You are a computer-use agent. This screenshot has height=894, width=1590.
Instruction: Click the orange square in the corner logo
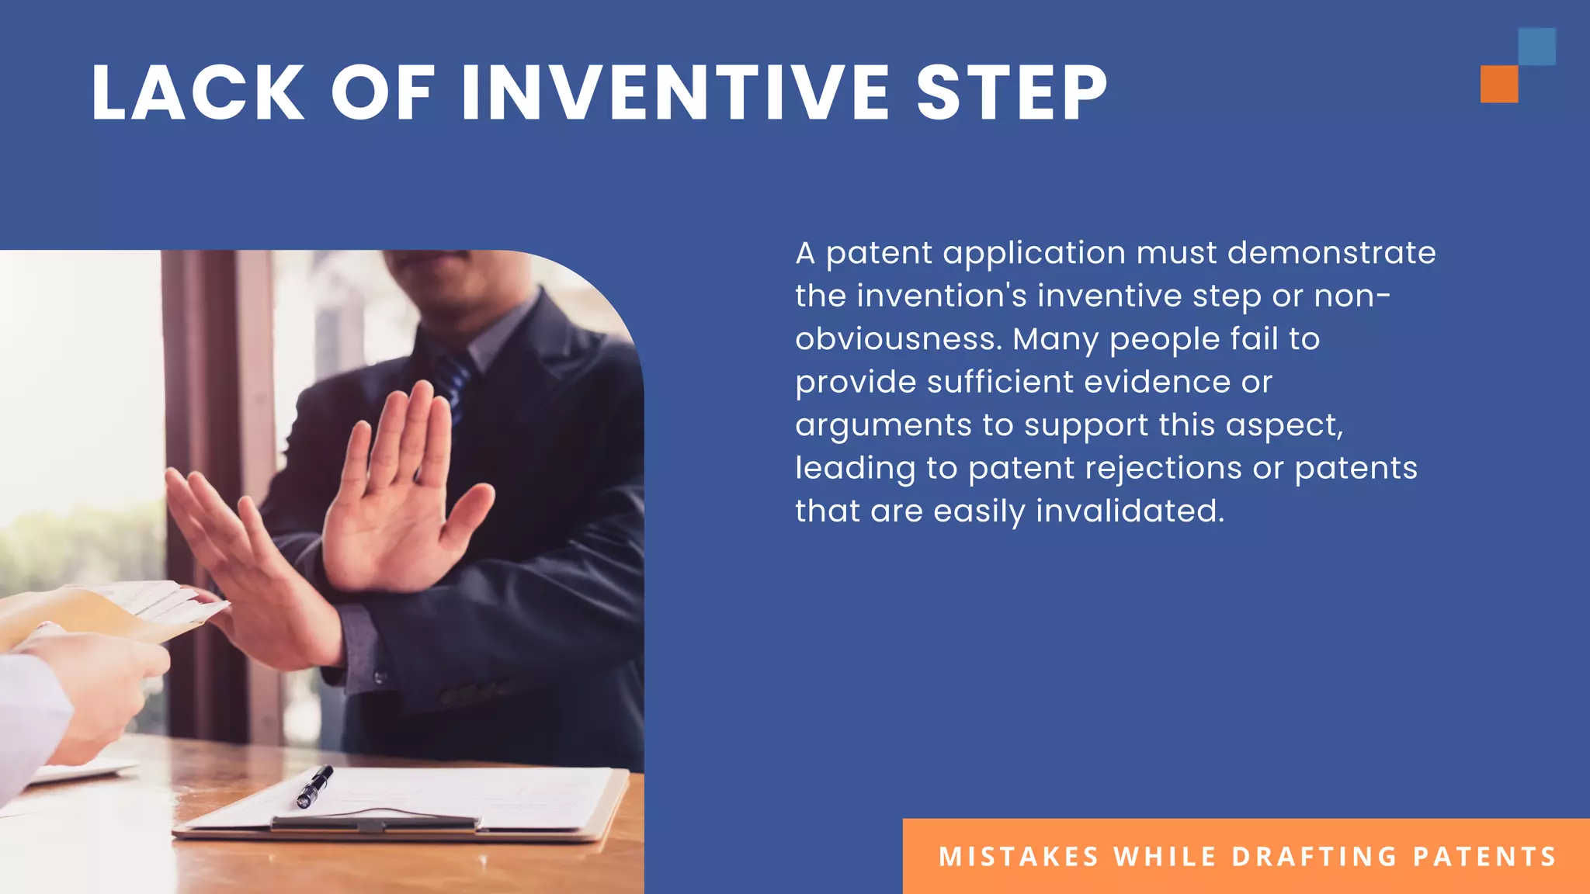pyautogui.click(x=1498, y=84)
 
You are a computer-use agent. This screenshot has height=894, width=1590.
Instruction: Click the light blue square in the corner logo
pyautogui.click(x=1536, y=47)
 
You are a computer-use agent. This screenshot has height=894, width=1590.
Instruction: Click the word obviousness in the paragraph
pyautogui.click(x=894, y=339)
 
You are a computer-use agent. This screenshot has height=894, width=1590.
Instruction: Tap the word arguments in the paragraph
pyautogui.click(x=883, y=426)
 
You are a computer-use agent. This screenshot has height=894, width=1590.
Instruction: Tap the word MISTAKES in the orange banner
pyautogui.click(x=1019, y=857)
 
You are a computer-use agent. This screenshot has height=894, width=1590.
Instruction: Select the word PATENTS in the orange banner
pyautogui.click(x=1484, y=857)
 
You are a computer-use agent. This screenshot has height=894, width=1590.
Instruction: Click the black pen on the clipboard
pyautogui.click(x=314, y=786)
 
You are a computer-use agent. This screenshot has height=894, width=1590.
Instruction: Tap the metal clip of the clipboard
pyautogui.click(x=373, y=823)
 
